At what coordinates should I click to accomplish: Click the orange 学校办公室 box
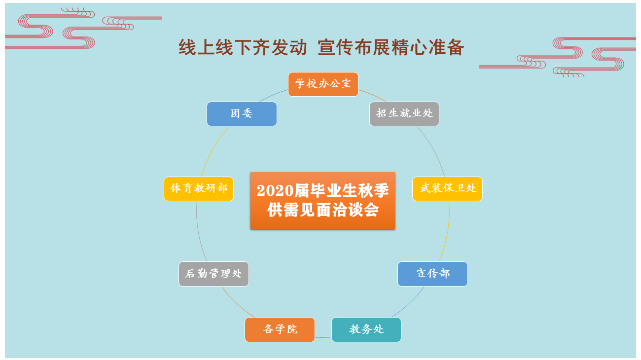pyautogui.click(x=323, y=84)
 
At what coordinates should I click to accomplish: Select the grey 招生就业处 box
pyautogui.click(x=404, y=114)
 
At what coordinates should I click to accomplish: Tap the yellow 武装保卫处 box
pyautogui.click(x=447, y=189)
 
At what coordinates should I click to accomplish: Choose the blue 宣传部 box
pyautogui.click(x=433, y=274)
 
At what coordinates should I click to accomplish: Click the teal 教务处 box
pyautogui.click(x=366, y=329)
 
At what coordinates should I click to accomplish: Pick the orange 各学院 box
pyautogui.click(x=280, y=329)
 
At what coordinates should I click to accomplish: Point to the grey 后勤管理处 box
pyautogui.click(x=214, y=274)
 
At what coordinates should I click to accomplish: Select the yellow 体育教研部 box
pyautogui.click(x=199, y=189)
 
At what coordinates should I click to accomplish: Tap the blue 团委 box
pyautogui.click(x=242, y=114)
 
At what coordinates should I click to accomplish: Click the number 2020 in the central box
pyautogui.click(x=275, y=191)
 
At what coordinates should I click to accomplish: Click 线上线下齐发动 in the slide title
pyautogui.click(x=243, y=47)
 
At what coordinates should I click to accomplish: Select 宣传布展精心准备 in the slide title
pyautogui.click(x=391, y=47)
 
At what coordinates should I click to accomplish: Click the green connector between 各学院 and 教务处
pyautogui.click(x=323, y=337)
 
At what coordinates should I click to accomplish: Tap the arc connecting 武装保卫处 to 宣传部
pyautogui.click(x=447, y=232)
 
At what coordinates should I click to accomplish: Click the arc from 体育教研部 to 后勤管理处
pyautogui.click(x=199, y=232)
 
